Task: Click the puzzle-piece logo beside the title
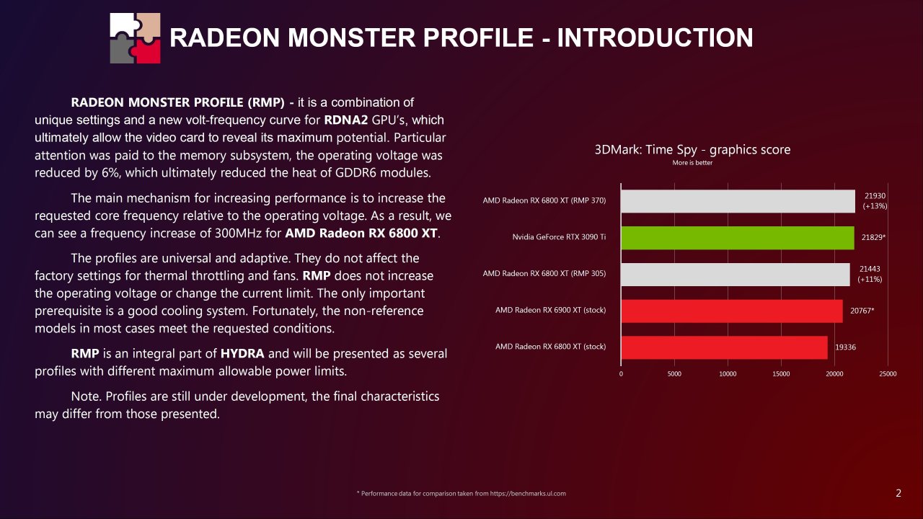point(135,37)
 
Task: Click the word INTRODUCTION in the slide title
point(655,37)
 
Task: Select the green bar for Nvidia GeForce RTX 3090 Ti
point(737,238)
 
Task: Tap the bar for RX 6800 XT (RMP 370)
point(738,201)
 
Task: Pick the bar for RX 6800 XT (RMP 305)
point(735,275)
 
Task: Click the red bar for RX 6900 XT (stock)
point(731,311)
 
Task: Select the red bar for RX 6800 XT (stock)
point(724,347)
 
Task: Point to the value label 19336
point(846,347)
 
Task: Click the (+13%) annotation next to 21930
point(874,206)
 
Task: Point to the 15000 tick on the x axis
point(781,374)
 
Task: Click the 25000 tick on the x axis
point(888,374)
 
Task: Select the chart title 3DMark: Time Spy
point(692,150)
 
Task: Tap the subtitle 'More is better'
point(692,163)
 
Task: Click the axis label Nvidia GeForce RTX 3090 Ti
point(559,238)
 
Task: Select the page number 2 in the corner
point(898,494)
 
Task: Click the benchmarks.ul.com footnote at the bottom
point(461,494)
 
